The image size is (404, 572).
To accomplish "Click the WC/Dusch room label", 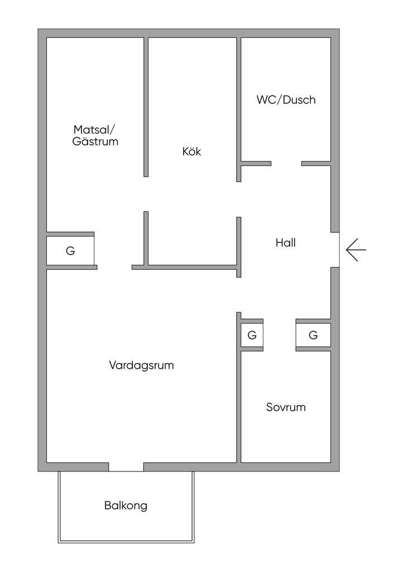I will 286,100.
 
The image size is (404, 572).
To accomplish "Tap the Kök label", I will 191,151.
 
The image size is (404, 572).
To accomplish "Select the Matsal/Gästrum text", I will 95,135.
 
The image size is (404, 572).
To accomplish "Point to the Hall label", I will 285,243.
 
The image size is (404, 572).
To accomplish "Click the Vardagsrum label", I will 141,366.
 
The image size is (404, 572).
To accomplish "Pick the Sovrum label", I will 286,407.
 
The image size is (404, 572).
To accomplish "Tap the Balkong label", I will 126,506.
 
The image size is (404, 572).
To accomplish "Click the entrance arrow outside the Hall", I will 356,249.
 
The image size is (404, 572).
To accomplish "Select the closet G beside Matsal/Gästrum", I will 70,251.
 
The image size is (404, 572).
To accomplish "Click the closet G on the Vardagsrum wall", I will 252,335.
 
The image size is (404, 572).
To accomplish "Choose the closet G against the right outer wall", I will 313,335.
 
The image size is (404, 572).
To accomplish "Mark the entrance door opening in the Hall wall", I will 335,249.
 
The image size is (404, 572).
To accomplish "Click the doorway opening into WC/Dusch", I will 286,164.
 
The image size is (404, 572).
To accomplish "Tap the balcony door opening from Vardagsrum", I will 126,467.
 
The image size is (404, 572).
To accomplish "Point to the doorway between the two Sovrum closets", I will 279,335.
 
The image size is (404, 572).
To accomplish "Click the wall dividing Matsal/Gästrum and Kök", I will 146,106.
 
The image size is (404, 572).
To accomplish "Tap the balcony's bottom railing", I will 126,541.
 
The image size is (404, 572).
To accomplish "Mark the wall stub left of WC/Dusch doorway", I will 256,164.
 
